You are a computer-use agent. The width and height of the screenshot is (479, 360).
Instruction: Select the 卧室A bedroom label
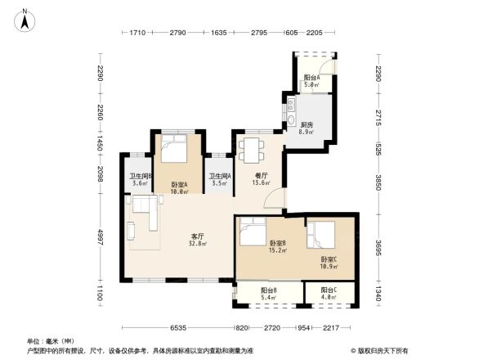pos(180,185)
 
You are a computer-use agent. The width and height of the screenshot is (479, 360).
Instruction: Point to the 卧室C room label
pos(330,260)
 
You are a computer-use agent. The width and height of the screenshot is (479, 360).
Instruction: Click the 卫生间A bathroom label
pos(219,177)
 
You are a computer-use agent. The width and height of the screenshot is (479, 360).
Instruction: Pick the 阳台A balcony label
pos(311,79)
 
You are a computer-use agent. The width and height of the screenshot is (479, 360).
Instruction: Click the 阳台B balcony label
pos(270,290)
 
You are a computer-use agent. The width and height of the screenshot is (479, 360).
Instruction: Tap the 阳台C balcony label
pos(329,290)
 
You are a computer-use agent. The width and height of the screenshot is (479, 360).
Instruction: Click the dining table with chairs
pos(252,148)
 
